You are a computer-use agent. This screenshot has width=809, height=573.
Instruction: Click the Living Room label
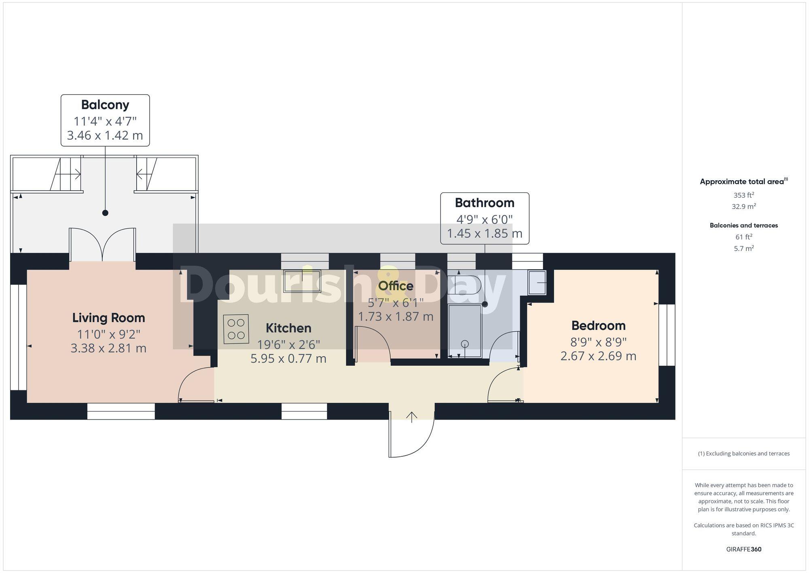tap(108, 318)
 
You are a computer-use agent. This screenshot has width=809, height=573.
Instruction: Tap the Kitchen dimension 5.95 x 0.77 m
tap(288, 358)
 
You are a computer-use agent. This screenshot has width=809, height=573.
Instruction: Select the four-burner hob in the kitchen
tap(236, 329)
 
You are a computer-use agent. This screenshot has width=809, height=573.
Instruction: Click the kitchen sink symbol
tap(302, 281)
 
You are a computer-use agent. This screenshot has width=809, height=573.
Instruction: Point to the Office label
tap(396, 286)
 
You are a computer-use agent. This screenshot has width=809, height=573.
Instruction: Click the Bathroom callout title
tap(485, 202)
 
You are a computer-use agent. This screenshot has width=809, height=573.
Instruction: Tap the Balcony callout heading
tap(105, 104)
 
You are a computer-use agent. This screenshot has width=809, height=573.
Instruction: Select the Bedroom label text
tap(598, 326)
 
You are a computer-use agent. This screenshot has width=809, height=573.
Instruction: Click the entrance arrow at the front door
tap(412, 417)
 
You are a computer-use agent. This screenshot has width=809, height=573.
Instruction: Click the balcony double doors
tap(102, 245)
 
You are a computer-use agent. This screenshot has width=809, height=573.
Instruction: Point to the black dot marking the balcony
tap(105, 213)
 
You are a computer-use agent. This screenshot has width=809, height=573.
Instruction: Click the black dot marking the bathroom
tap(485, 304)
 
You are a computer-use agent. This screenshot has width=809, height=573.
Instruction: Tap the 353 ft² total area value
tap(743, 195)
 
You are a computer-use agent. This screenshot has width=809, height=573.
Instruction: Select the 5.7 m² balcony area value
tap(743, 249)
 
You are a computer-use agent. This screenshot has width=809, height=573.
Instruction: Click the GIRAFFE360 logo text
tap(743, 550)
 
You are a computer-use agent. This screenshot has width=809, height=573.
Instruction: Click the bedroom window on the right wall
tap(667, 335)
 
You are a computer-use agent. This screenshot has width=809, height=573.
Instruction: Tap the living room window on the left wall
tap(19, 337)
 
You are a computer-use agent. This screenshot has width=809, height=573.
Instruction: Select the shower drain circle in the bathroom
tap(465, 344)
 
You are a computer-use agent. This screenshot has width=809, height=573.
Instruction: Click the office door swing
tap(372, 344)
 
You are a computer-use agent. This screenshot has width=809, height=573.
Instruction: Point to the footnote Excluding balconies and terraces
tap(743, 454)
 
